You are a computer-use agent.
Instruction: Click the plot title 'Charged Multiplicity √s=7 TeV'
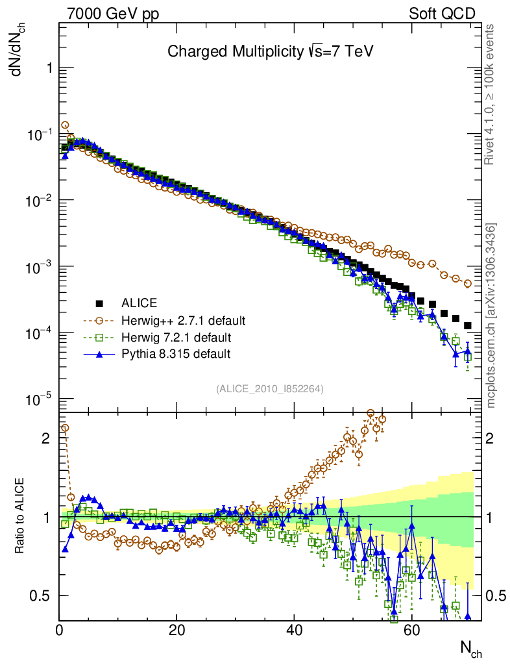click(x=271, y=52)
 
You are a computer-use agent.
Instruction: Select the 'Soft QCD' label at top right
click(x=442, y=14)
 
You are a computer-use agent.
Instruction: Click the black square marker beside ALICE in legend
click(x=99, y=303)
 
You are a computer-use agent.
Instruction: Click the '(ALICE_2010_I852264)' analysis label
click(x=270, y=388)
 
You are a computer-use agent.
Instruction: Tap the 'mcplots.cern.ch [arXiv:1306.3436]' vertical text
click(x=491, y=316)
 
